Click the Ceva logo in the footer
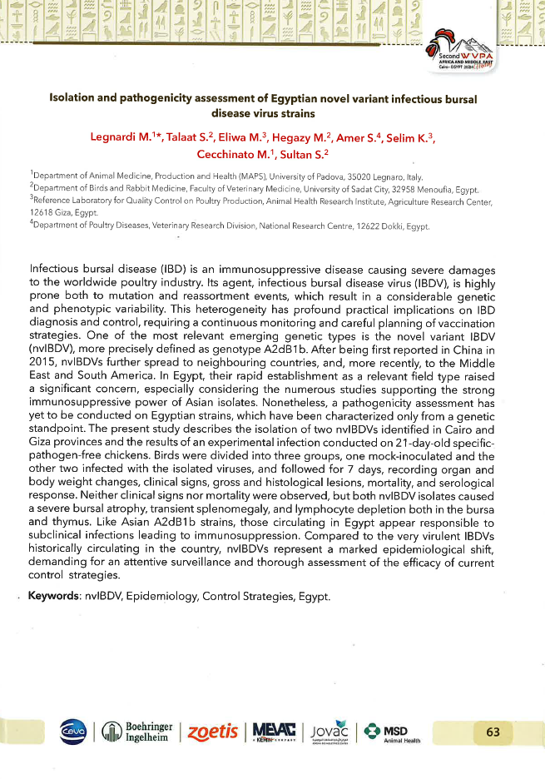(x=72, y=731)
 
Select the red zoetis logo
(x=210, y=731)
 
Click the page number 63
(x=493, y=732)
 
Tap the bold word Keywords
(x=54, y=596)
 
